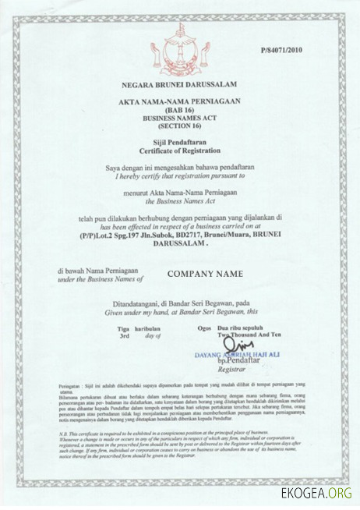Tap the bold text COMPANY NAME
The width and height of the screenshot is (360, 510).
(205, 274)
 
